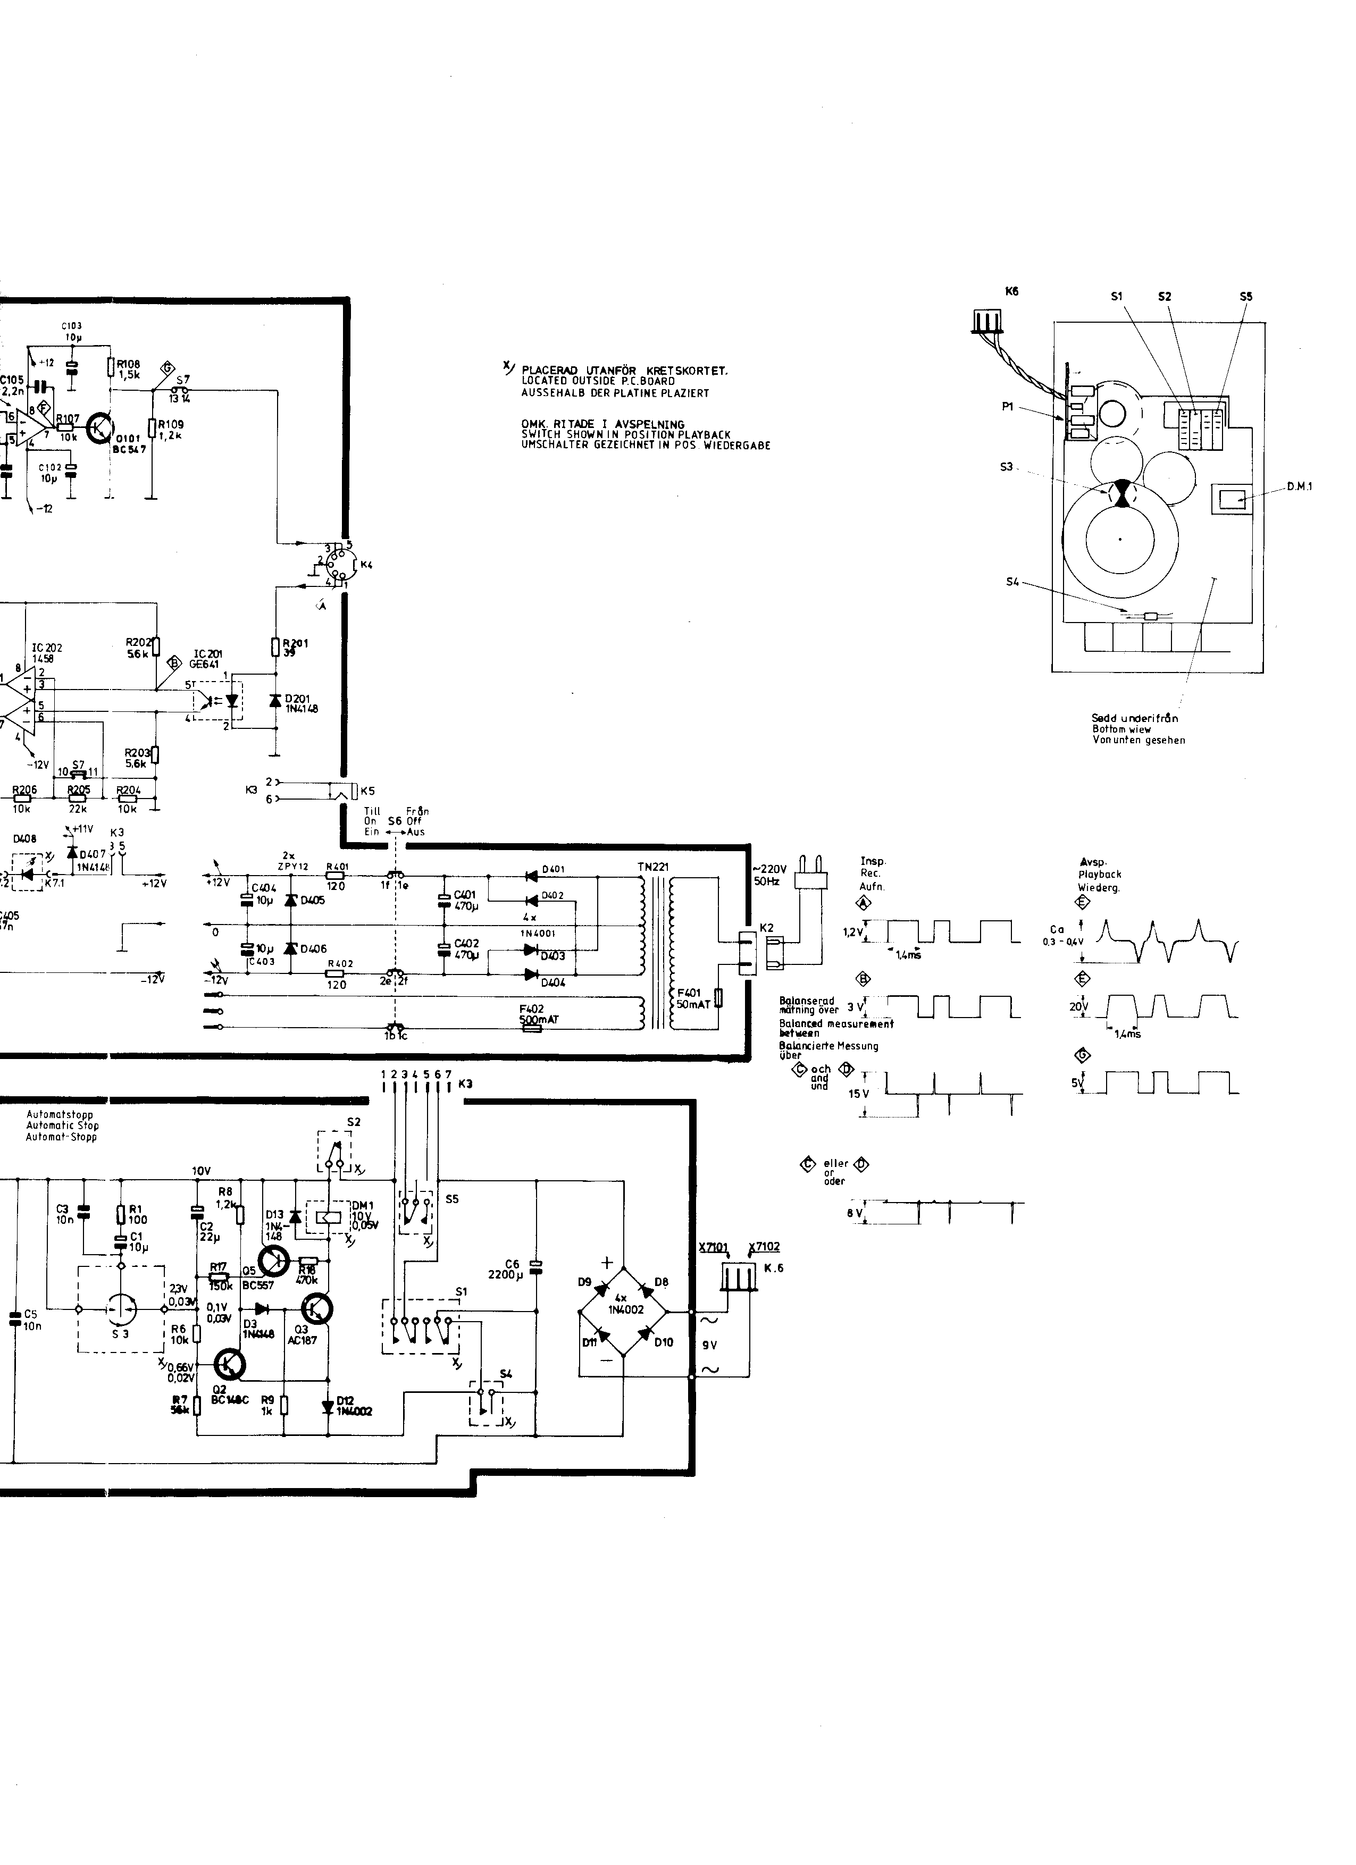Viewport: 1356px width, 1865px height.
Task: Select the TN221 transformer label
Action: [653, 867]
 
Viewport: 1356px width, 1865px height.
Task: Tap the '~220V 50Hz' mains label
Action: [769, 874]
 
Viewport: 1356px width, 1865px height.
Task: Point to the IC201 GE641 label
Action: [206, 659]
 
